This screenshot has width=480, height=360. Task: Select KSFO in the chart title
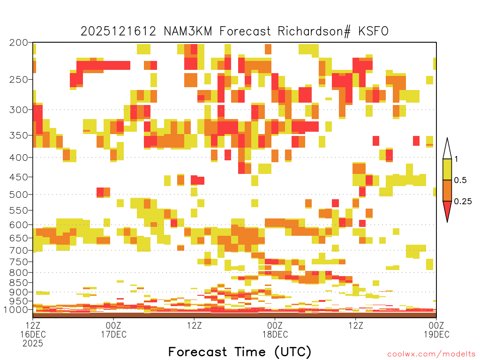coord(373,31)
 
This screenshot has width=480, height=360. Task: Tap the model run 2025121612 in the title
coord(118,31)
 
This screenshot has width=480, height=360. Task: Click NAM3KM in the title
coord(187,31)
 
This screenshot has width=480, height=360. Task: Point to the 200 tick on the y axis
coord(18,43)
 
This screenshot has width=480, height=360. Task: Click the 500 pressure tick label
coord(18,195)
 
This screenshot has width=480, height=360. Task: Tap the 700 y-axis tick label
coord(18,250)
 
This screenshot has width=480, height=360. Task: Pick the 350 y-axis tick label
coord(18,135)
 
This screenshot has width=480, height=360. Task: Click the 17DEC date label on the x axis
coord(113,334)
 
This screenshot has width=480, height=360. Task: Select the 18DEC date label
coord(275,334)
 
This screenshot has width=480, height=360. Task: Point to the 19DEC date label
coord(436,334)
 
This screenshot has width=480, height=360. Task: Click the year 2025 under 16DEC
coord(33,344)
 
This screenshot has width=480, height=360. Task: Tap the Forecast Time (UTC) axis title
coord(240,352)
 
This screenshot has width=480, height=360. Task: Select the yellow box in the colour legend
coord(447,169)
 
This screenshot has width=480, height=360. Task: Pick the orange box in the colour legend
coord(447,190)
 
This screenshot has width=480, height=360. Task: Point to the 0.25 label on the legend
coord(463,202)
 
